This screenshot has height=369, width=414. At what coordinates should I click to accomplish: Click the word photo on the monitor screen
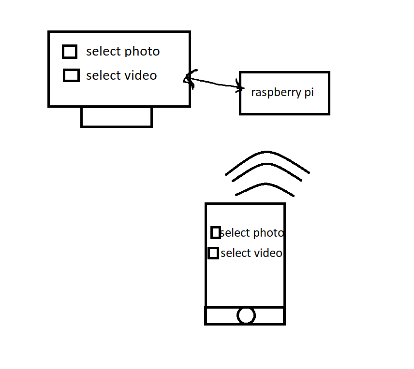tap(142, 52)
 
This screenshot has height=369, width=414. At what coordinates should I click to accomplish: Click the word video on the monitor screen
tap(140, 75)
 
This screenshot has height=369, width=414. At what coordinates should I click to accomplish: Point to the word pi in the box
tap(309, 93)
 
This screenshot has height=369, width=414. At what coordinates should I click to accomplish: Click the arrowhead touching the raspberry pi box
tap(240, 86)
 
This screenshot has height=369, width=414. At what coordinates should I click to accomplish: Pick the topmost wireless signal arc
tap(267, 152)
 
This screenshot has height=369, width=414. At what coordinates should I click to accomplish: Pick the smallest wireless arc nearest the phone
tap(265, 184)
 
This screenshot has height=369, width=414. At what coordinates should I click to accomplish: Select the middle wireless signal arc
tap(267, 164)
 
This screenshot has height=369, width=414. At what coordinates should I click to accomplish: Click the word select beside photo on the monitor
tap(104, 51)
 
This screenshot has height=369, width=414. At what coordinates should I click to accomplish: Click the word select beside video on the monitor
tap(104, 75)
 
